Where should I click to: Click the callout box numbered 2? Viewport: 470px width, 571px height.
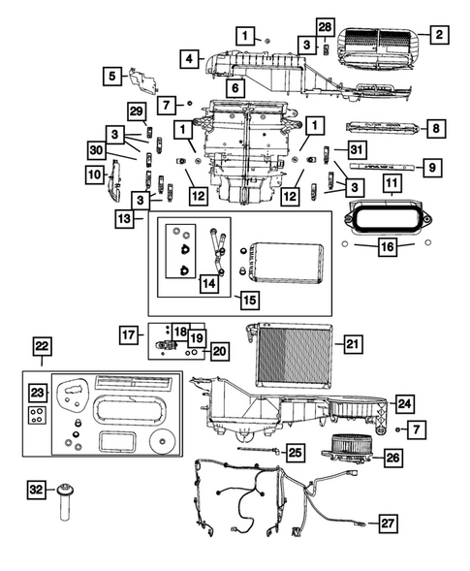[439, 36]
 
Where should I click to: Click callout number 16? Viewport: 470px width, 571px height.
[386, 248]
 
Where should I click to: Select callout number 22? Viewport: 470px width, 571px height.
[41, 347]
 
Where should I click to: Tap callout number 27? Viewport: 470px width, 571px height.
[388, 523]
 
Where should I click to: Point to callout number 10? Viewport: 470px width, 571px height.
[95, 174]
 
